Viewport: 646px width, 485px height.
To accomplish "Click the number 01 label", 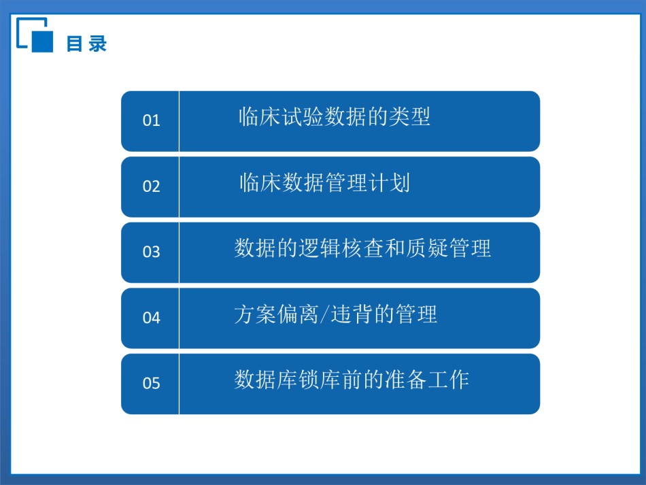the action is (x=151, y=120).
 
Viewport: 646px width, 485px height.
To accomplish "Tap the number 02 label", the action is (x=151, y=186).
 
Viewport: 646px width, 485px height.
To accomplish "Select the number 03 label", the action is (x=151, y=252).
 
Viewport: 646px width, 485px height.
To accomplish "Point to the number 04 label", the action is (x=151, y=318).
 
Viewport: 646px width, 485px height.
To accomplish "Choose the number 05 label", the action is (x=151, y=383).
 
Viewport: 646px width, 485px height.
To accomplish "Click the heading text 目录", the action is (x=86, y=44).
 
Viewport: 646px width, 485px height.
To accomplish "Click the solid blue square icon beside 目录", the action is (x=42, y=41).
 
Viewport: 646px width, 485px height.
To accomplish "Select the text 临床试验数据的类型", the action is (x=335, y=116).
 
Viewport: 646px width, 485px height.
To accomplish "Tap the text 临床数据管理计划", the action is (x=324, y=182).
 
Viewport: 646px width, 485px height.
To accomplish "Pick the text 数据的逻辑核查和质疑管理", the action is (x=362, y=248).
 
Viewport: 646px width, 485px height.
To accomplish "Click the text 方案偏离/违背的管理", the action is (x=335, y=314).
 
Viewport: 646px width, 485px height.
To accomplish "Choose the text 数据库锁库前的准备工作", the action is (x=352, y=380).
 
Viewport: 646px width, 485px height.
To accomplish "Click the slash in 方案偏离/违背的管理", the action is (x=324, y=314).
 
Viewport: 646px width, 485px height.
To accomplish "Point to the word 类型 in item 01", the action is (x=409, y=116).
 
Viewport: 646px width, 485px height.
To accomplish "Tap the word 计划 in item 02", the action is (x=389, y=182).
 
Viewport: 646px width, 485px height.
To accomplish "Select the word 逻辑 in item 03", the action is (x=320, y=248).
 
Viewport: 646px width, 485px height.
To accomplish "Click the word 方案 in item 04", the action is (x=255, y=314).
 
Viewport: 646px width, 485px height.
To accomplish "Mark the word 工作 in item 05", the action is (x=448, y=380).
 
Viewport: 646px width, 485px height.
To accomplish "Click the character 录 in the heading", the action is (x=98, y=44).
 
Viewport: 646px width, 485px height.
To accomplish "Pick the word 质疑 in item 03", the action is (x=427, y=248).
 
